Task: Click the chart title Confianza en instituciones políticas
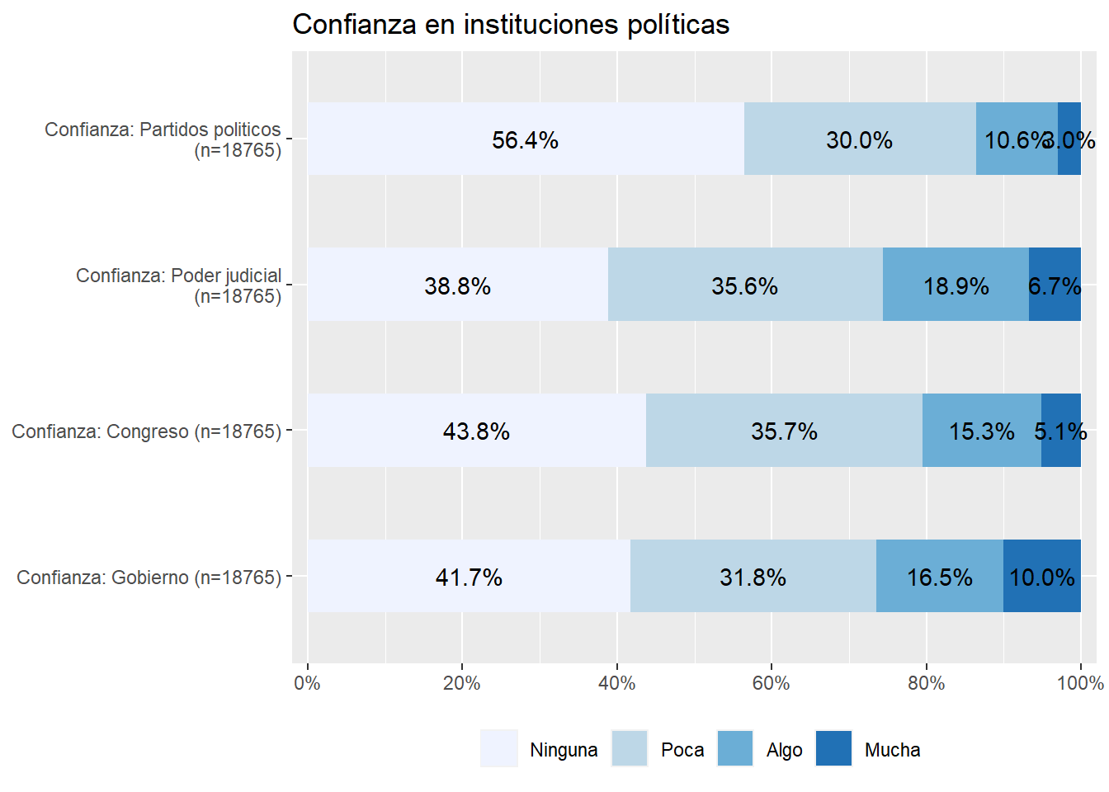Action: pos(511,25)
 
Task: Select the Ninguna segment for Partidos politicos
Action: pos(526,139)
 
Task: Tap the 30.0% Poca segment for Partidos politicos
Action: pos(860,139)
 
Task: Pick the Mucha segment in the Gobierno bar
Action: pos(1042,576)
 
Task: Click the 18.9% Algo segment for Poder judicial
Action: pos(956,285)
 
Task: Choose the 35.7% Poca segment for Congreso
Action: pos(784,430)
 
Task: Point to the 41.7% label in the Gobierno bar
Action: pos(469,577)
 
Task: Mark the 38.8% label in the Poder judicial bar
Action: pos(457,286)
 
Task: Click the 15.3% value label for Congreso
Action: pos(981,431)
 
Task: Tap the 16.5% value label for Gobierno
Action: pos(939,577)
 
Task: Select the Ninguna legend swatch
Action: pos(498,749)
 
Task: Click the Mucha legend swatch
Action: pos(833,749)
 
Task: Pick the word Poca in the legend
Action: pos(682,750)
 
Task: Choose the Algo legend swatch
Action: pos(735,749)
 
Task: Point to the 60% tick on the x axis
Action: pos(772,683)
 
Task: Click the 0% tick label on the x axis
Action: pos(307,683)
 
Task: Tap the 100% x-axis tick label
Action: pos(1080,683)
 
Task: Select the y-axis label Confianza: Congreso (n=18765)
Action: pos(146,431)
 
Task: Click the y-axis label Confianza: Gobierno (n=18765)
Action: pos(149,577)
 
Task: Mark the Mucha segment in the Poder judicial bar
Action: pos(1055,285)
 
